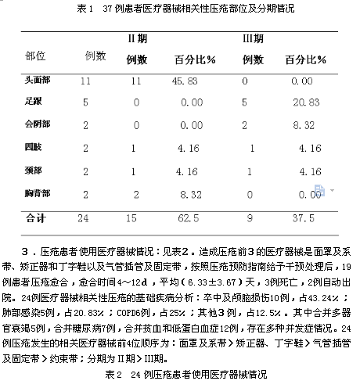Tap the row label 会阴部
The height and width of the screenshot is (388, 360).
(36, 124)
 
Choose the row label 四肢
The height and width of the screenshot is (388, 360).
(32, 146)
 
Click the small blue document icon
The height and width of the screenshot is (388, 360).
(319, 189)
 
